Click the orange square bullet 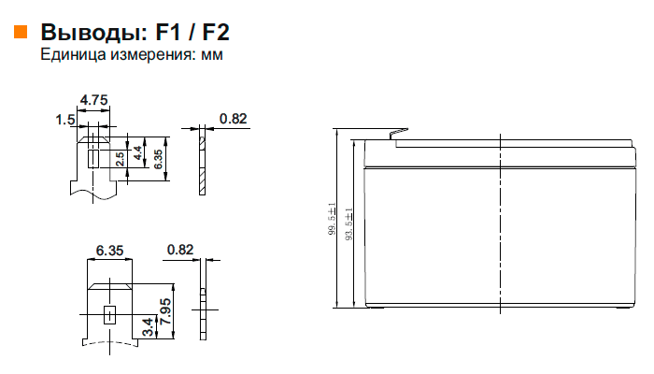tap(21, 32)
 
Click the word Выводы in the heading tap(94, 32)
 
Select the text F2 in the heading tap(216, 32)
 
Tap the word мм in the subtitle tap(212, 54)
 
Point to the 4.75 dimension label tap(93, 100)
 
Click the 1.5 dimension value tap(65, 120)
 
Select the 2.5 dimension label tap(120, 159)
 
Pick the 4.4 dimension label tap(138, 152)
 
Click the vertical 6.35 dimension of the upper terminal tap(158, 159)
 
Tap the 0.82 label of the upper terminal tap(234, 119)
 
